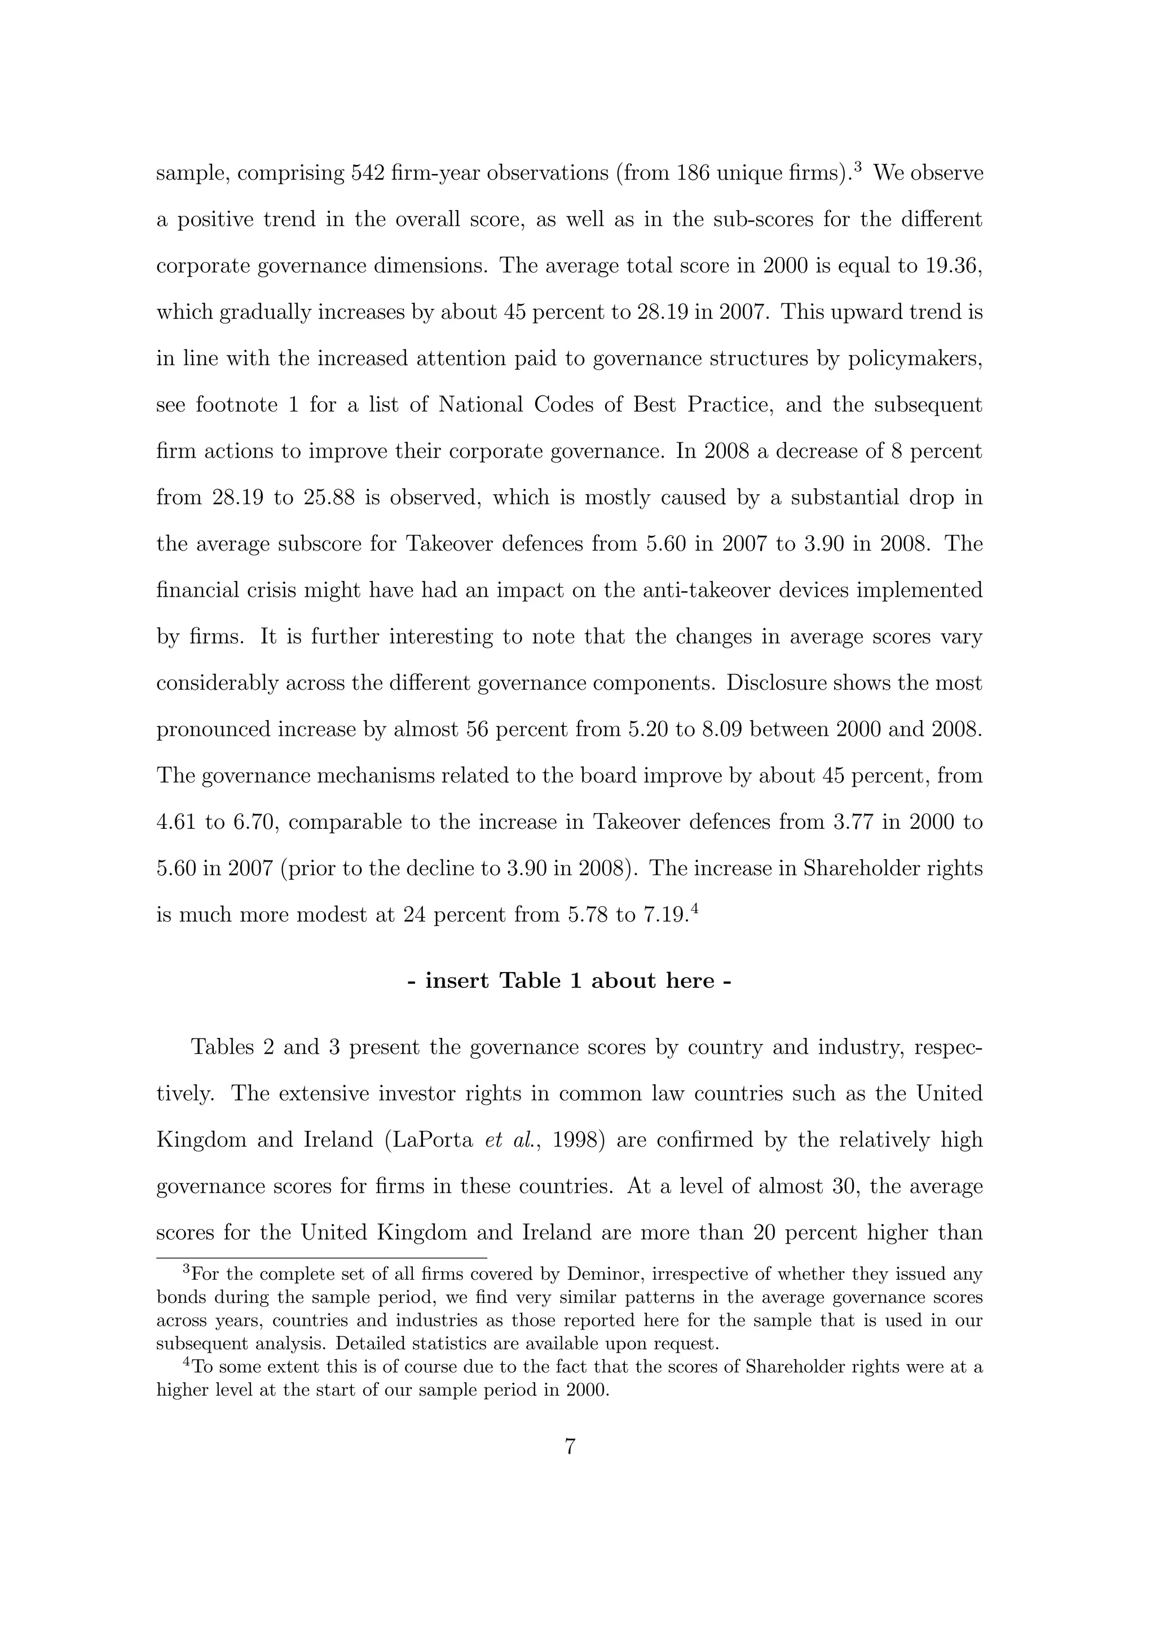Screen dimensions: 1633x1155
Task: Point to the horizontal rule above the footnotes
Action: point(321,1258)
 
